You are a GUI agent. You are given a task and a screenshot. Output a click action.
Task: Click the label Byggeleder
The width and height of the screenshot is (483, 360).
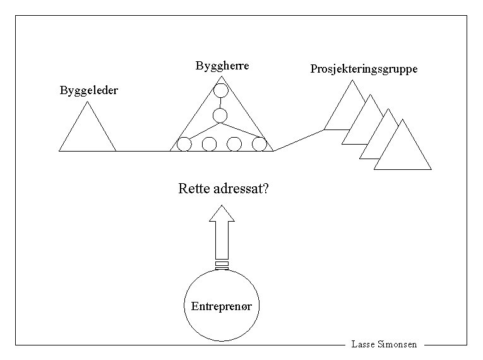88,90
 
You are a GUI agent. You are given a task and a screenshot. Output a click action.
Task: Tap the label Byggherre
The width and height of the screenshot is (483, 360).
222,66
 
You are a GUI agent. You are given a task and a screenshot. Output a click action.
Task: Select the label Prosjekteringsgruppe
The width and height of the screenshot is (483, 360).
364,69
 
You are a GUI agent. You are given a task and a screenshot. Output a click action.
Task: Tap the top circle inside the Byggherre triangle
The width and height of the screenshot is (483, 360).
220,90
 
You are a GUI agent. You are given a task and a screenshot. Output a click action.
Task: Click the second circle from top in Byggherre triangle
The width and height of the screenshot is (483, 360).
220,116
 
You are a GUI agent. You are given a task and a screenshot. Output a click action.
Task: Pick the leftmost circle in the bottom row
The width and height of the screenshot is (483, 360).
184,144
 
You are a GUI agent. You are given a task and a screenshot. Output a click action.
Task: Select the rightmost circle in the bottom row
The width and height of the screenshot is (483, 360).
259,144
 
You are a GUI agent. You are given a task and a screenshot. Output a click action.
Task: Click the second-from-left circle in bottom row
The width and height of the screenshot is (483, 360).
209,144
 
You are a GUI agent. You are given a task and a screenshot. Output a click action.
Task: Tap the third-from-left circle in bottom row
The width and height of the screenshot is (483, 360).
234,144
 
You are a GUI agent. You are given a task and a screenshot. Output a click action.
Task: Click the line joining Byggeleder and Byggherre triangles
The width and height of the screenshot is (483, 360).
143,151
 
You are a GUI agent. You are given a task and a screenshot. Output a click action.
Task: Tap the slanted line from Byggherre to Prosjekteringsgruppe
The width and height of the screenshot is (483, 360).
299,140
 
